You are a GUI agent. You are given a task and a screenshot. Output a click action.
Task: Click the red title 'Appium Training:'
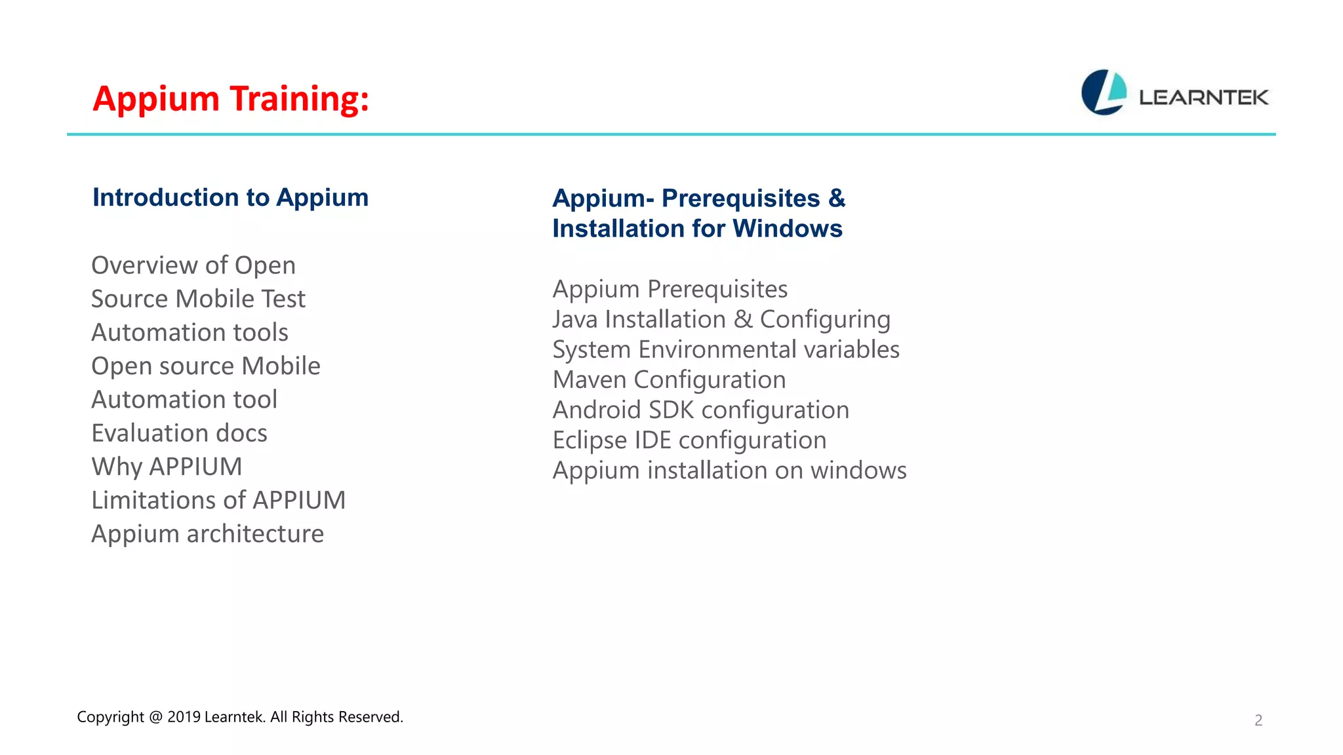coord(231,99)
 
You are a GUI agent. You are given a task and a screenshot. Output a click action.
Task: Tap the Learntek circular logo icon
coord(1104,92)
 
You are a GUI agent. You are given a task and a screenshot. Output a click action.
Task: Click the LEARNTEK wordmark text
coord(1203,98)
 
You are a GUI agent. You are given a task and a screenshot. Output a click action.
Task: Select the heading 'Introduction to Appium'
coord(230,197)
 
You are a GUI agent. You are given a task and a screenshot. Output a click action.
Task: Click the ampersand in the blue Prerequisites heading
coord(837,198)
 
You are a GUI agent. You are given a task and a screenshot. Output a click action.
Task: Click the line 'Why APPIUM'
coord(167,467)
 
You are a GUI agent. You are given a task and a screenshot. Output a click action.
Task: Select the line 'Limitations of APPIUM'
coord(218,500)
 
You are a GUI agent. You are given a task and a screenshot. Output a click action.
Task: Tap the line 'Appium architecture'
coord(207,533)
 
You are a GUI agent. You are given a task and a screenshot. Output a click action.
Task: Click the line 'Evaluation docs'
coord(179,433)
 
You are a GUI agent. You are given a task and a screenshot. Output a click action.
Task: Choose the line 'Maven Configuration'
coord(669,379)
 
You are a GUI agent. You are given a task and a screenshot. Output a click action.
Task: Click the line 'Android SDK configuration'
coord(700,410)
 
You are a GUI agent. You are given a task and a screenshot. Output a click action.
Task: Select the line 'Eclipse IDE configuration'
coord(689,440)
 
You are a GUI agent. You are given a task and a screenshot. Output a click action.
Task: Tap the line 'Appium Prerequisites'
coord(670,289)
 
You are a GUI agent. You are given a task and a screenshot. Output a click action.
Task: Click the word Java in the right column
coord(575,319)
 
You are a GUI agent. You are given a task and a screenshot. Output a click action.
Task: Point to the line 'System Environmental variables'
coord(726,349)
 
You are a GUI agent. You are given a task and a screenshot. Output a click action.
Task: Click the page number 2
coord(1258,720)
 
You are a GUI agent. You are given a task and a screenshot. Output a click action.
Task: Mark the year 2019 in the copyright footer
coord(184,717)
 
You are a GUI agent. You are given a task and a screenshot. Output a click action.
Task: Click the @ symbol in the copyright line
coord(155,717)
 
